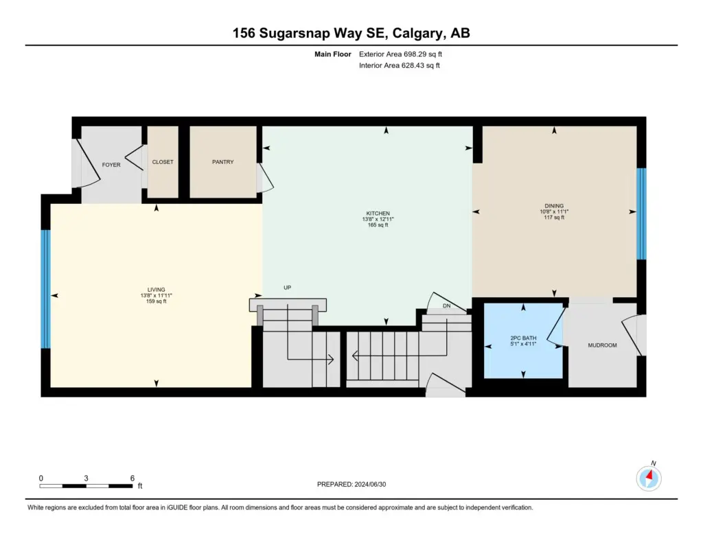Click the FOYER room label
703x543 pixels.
(x=111, y=165)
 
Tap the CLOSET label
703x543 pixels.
(x=163, y=162)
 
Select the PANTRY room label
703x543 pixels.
(x=223, y=162)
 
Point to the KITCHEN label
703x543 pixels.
(x=378, y=213)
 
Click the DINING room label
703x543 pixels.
(x=554, y=206)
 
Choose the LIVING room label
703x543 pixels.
(x=156, y=290)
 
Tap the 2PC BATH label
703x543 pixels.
(x=523, y=338)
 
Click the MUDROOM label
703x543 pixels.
(x=602, y=345)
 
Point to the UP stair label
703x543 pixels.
(x=288, y=288)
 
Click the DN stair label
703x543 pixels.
(x=446, y=305)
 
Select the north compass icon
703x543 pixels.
(x=649, y=478)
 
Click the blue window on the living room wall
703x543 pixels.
(x=45, y=289)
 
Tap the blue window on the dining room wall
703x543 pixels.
(x=642, y=214)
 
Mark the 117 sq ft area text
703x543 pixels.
(x=554, y=218)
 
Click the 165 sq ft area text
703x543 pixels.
(x=378, y=225)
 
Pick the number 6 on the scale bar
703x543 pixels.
(x=132, y=478)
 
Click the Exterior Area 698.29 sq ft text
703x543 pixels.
(x=400, y=54)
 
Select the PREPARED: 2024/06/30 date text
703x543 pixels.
(x=351, y=484)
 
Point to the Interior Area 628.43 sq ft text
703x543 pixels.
(x=400, y=65)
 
